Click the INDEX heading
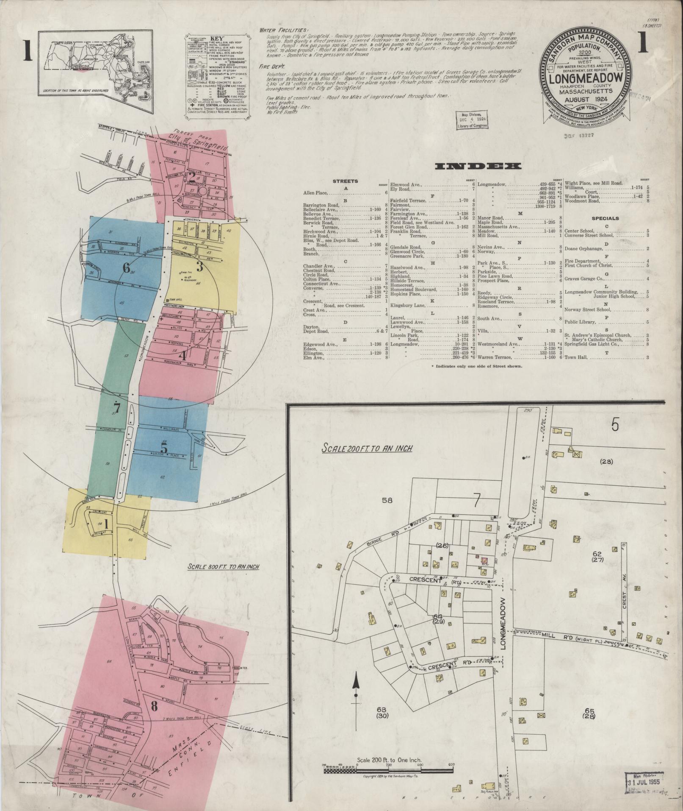pos(478,167)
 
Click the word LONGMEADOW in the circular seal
pos(586,78)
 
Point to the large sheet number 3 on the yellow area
pos(199,267)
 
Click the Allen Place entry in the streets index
pos(315,192)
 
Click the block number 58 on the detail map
pos(387,500)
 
